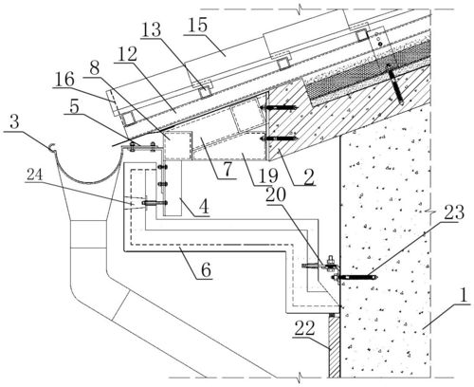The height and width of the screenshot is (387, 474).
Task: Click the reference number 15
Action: pos(198,26)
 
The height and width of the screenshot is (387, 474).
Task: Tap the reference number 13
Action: pos(152,30)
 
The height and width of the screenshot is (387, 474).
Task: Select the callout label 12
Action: pos(126,54)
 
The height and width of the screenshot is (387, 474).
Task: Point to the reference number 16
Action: pos(64,80)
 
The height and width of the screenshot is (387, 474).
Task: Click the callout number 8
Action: pos(94,68)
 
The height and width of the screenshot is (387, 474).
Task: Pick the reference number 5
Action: pos(74,107)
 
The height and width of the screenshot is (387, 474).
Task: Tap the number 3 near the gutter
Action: pos(15,121)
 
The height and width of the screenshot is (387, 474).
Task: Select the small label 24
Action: pos(34,175)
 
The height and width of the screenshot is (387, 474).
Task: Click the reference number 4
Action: pos(204,207)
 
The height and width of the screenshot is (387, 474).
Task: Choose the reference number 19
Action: pos(267,175)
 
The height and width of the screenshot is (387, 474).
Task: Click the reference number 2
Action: pos(308,177)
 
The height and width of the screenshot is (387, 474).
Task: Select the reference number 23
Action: pos(454,212)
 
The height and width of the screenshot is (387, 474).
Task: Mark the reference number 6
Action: pos(206,270)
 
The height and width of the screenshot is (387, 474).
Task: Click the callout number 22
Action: pos(304,328)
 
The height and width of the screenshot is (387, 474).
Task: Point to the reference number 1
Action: pos(464,296)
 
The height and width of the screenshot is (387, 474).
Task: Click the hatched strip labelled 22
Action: pos(335,347)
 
